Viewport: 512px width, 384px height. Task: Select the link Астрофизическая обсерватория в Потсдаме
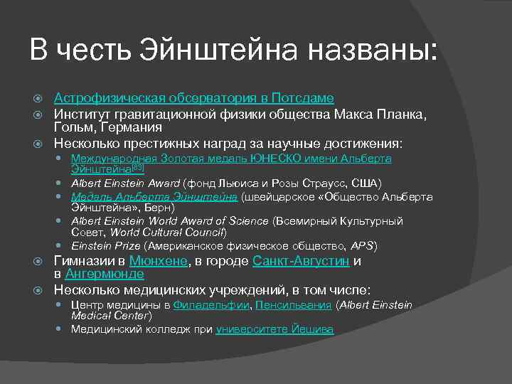(194, 98)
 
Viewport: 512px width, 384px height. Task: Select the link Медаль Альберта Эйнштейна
(154, 197)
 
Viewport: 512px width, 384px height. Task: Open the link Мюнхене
(159, 261)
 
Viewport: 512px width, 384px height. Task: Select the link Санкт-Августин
(301, 261)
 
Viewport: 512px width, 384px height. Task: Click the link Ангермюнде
(105, 274)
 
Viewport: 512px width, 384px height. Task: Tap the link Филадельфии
(211, 305)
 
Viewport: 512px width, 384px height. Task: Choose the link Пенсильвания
(293, 305)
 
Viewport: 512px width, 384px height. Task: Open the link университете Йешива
(274, 329)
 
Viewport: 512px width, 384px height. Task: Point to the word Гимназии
(83, 261)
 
